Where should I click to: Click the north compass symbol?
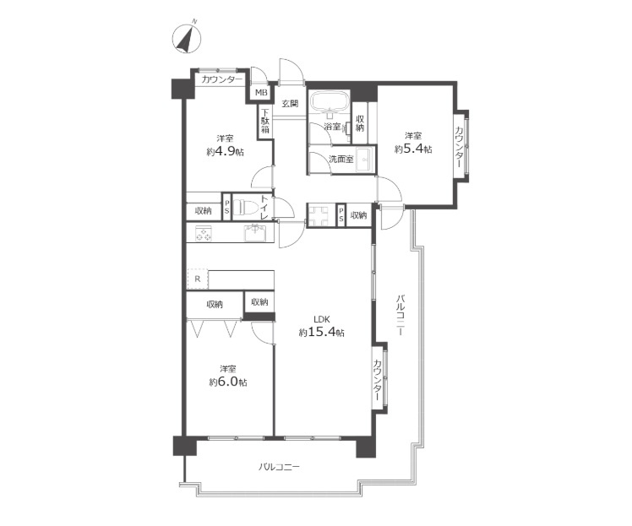186,39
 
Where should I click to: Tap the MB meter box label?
261,93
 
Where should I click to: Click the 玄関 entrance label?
290,104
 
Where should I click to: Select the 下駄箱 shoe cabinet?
264,122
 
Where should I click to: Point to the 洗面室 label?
341,159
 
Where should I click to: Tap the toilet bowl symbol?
245,208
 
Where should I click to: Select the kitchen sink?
254,232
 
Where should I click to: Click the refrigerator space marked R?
198,279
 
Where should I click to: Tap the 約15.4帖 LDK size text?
322,333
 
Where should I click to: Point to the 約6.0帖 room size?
228,382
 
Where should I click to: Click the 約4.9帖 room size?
225,152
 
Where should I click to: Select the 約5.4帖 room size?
413,149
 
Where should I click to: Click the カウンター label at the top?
222,79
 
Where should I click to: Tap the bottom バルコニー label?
279,467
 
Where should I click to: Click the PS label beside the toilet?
227,208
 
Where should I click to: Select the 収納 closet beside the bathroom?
360,122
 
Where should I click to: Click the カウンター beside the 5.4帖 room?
460,147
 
